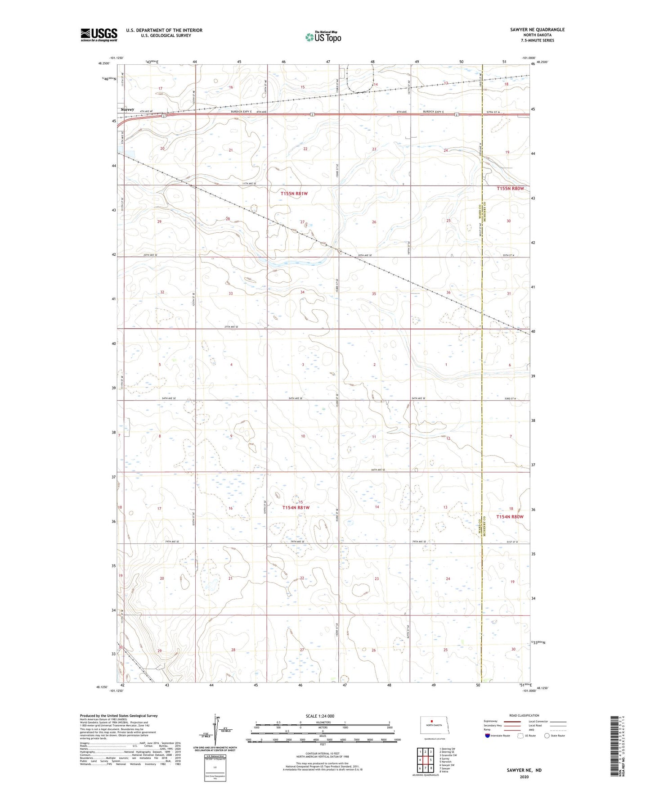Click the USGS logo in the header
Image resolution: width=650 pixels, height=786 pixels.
[x=99, y=35]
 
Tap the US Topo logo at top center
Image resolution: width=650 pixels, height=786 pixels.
[x=323, y=37]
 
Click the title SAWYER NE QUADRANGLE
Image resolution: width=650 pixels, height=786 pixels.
[x=537, y=30]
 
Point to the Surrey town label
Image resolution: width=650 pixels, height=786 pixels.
[x=127, y=109]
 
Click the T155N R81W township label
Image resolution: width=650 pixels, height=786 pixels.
[x=295, y=194]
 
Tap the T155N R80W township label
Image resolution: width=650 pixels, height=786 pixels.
[x=510, y=189]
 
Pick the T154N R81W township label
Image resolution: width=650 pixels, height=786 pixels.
[x=296, y=508]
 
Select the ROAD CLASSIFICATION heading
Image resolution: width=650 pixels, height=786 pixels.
[x=524, y=715]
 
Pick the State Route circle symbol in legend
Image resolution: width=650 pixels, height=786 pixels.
[x=547, y=736]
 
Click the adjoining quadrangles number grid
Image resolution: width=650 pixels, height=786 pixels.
[x=425, y=760]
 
